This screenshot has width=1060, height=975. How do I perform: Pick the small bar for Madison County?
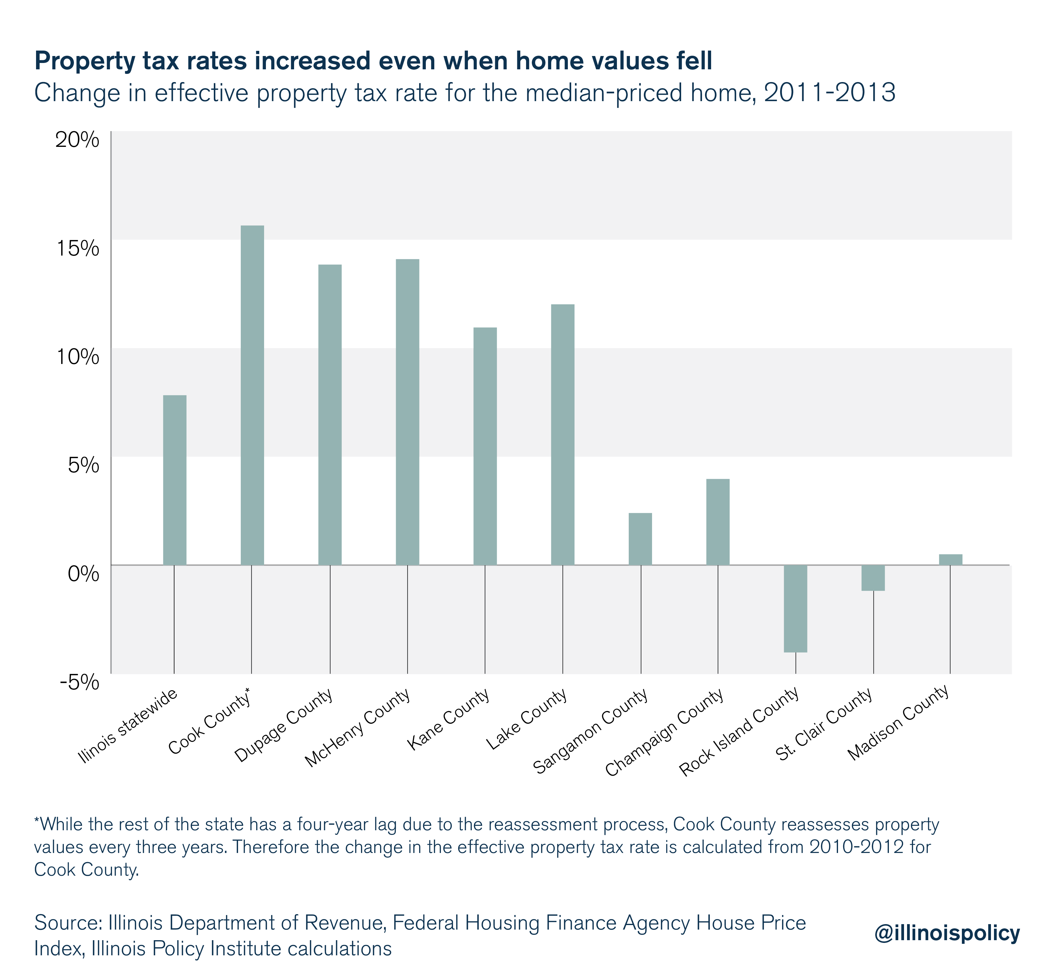coord(950,559)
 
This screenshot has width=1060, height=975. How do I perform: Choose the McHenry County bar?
coord(407,411)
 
